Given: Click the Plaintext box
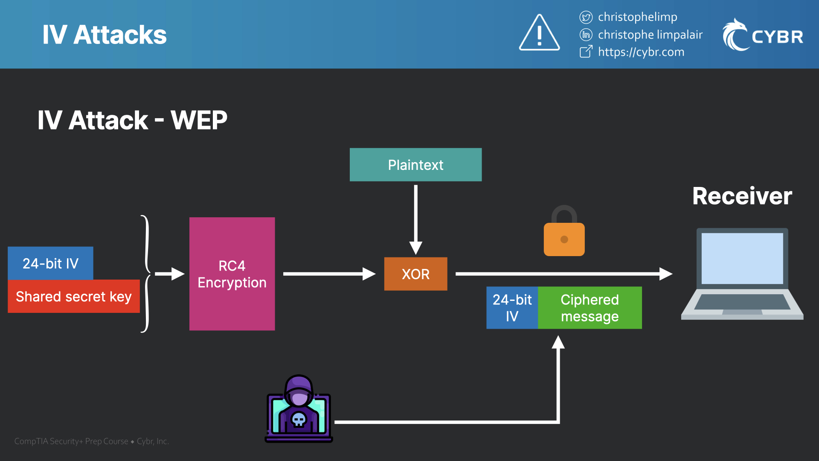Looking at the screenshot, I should coord(415,165).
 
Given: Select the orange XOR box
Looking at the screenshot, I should coord(415,274).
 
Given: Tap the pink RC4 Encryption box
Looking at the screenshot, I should coord(232,274).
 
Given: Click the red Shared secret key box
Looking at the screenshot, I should coord(73,296).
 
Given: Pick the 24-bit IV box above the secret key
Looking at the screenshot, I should coord(50,263).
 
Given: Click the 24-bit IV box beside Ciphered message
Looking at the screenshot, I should coord(512,308).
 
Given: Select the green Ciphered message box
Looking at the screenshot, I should coord(590,308).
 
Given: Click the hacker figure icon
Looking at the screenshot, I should coord(299,409).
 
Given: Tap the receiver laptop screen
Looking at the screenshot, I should coord(742,258).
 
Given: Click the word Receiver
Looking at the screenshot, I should coord(742,196).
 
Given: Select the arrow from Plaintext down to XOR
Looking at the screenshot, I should coord(415,218).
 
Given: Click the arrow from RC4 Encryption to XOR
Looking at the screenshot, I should coord(328,274).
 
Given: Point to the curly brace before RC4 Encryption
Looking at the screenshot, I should coord(146,274).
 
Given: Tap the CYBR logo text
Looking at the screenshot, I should coord(777,37).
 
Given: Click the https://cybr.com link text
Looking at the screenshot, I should coord(641,52).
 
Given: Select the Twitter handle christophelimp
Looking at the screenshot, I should coord(637,17).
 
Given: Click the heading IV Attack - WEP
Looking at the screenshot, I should coord(132,120).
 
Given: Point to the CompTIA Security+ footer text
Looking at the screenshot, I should coord(92,441).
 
